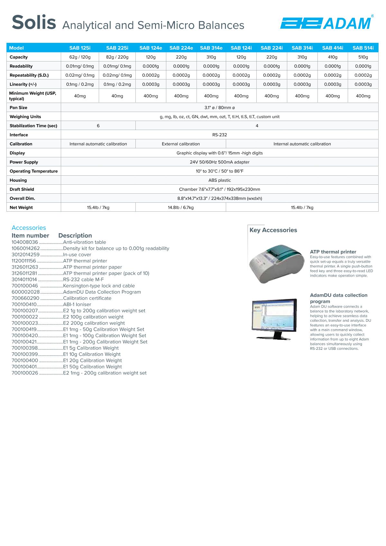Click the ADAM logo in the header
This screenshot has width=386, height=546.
click(326, 23)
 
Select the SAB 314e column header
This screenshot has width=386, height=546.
click(211, 48)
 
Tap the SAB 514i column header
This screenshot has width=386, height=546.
click(363, 48)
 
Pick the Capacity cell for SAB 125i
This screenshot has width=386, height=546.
click(80, 57)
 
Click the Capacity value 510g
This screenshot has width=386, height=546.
click(363, 57)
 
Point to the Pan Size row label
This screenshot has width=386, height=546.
click(18, 107)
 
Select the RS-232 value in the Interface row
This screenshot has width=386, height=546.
click(219, 135)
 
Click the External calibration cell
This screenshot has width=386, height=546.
click(180, 144)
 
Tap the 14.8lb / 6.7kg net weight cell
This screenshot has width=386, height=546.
click(180, 208)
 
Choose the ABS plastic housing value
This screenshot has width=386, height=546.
click(219, 180)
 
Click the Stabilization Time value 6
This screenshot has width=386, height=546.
click(98, 126)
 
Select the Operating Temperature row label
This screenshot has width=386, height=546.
click(33, 171)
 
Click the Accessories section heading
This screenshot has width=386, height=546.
click(29, 228)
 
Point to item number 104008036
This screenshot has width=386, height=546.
click(25, 242)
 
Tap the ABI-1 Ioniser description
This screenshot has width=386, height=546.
click(77, 304)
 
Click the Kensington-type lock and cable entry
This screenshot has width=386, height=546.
click(99, 286)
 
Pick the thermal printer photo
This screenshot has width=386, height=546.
click(277, 263)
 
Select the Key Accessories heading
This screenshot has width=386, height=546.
click(273, 230)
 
